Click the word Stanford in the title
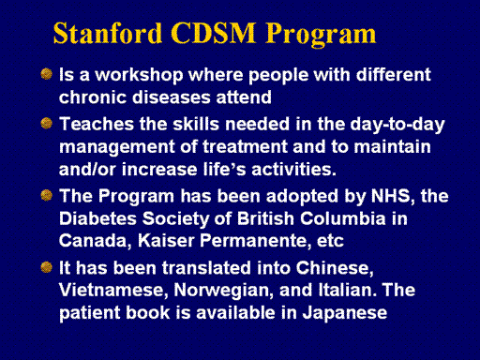(108, 33)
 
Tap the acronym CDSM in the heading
(214, 33)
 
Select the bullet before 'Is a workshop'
(46, 74)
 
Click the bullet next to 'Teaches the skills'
(46, 124)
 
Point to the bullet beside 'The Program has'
(46, 195)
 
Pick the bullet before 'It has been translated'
(46, 267)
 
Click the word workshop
(139, 76)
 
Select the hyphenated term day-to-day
(397, 125)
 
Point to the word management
(117, 147)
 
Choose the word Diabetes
(97, 218)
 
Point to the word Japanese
(345, 313)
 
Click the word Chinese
(335, 268)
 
